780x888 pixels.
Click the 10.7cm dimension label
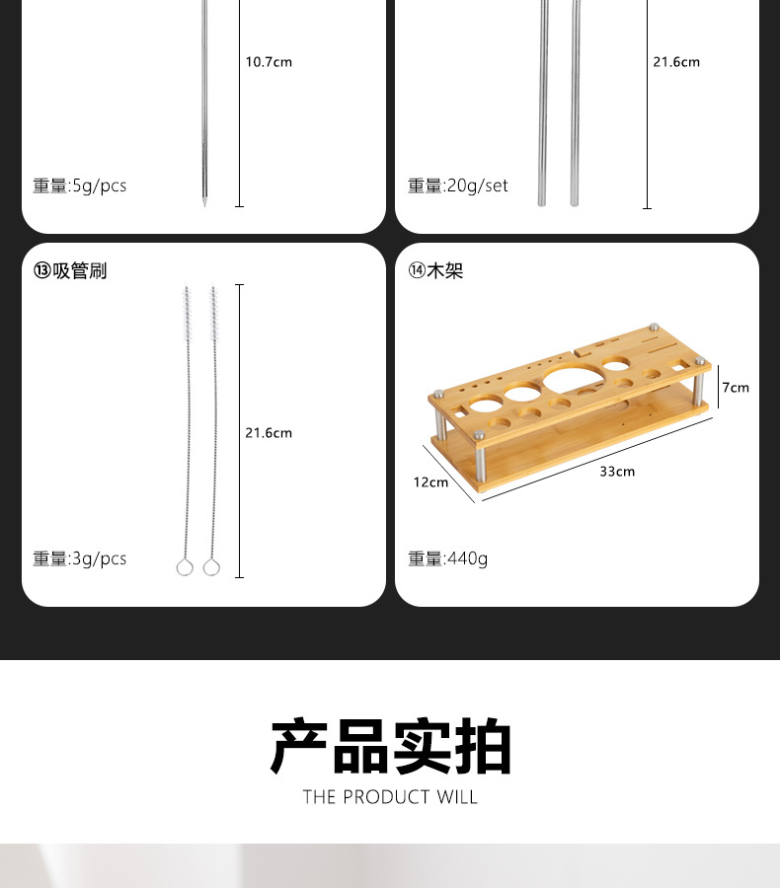pos(269,62)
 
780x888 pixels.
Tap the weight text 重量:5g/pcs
pos(80,185)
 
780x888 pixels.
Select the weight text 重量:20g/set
pos(458,185)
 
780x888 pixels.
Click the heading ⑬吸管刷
pos(70,270)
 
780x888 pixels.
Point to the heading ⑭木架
pos(435,270)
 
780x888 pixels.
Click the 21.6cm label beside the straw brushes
pos(269,433)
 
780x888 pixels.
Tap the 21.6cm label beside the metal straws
pos(676,62)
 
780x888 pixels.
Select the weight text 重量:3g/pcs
pos(80,558)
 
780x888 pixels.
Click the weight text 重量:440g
pos(448,558)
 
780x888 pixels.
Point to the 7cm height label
pos(736,388)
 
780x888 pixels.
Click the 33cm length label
pos(617,472)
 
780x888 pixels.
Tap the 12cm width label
pos(430,482)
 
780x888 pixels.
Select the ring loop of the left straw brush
pos(184,567)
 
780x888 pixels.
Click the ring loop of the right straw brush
pos(210,567)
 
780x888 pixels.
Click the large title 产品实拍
pos(391,747)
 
